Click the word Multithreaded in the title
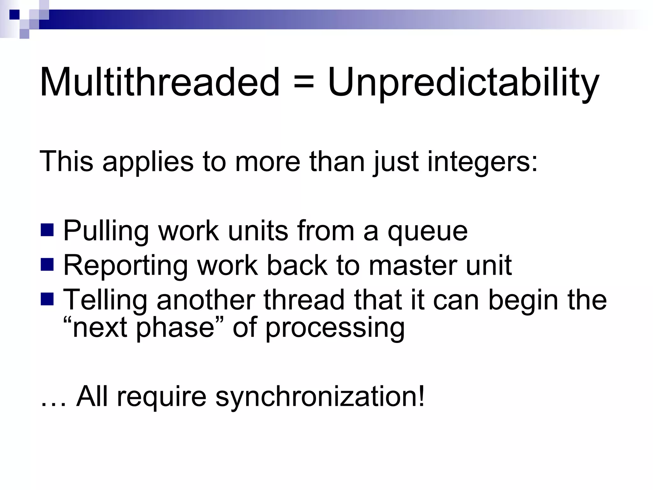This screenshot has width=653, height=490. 159,82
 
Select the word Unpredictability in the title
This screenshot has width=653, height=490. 463,84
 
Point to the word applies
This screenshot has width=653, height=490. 148,163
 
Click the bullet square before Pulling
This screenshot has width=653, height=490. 47,230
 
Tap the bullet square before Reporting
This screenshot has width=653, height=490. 47,264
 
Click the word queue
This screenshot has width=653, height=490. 428,232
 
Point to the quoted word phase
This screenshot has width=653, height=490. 175,329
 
